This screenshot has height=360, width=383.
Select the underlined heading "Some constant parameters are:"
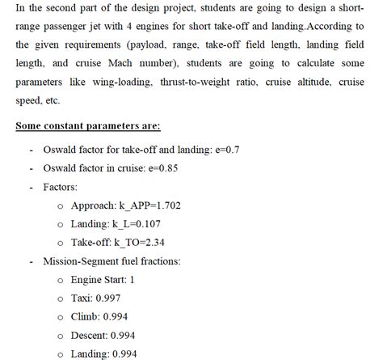pos(88,126)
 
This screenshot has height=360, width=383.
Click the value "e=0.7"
pos(249,150)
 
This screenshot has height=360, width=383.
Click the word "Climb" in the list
pos(85,317)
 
